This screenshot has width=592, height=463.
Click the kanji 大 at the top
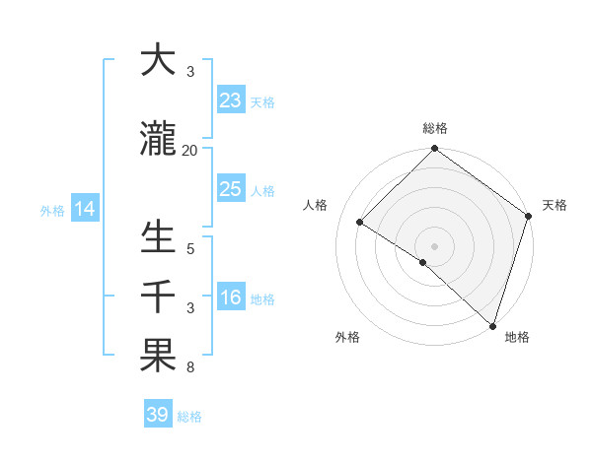(x=158, y=60)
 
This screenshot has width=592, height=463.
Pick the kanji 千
(x=158, y=297)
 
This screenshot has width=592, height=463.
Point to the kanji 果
(x=158, y=356)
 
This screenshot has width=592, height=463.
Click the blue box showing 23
(x=231, y=100)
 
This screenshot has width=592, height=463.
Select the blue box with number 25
(x=231, y=189)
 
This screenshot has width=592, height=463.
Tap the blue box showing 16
(x=231, y=298)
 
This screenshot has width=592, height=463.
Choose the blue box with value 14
(x=85, y=209)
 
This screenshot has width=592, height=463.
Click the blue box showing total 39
(x=158, y=415)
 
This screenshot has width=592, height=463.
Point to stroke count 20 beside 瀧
(x=190, y=150)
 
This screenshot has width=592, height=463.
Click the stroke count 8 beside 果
(x=190, y=367)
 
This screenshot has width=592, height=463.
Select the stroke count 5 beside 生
(x=190, y=248)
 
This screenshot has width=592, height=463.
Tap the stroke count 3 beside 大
(x=190, y=71)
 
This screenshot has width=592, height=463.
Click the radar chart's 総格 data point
(x=434, y=150)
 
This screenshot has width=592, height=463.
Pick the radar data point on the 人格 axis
(x=360, y=223)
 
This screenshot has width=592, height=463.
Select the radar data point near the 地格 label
(x=492, y=325)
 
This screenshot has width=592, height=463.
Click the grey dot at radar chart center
(x=434, y=245)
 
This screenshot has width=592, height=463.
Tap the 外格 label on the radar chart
(x=347, y=337)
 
